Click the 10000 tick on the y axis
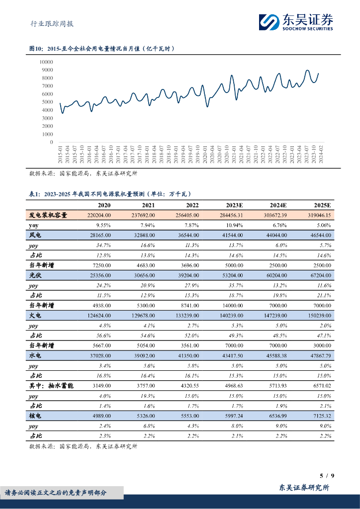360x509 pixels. coord(46,62)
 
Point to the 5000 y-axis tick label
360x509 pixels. coord(47,102)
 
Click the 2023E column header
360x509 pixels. coord(234,205)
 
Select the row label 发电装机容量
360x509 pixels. coord(48,215)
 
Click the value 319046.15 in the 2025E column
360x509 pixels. coord(317,215)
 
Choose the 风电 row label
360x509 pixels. coord(35,235)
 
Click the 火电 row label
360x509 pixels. coord(35,315)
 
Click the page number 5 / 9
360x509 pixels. coord(328,476)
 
